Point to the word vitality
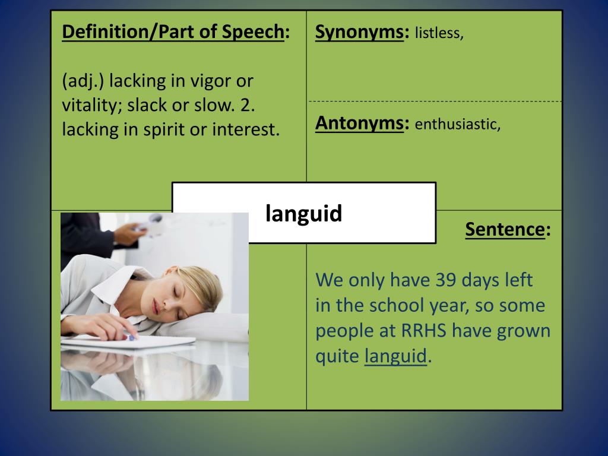89,104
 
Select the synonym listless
438,33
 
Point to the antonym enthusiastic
457,125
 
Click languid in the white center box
304,213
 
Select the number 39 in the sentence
448,279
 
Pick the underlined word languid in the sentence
395,356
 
